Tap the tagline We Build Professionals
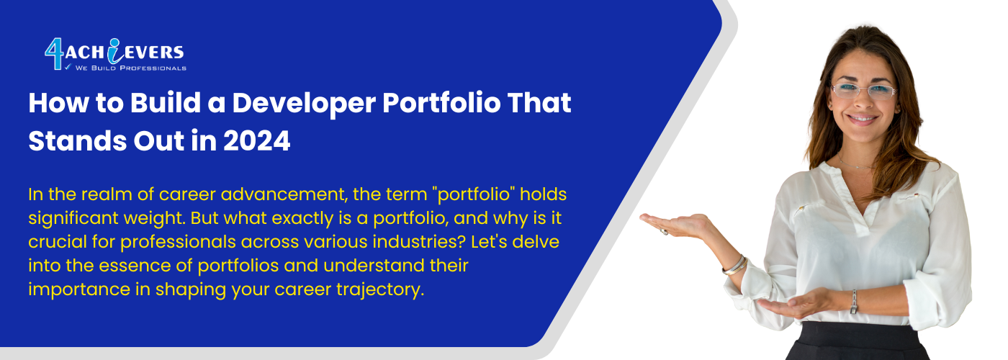pos(131,68)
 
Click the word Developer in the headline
pos(304,104)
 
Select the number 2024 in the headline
pos(256,141)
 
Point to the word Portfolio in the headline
pos(441,102)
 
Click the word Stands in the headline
pos(78,141)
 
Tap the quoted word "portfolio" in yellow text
pos(473,195)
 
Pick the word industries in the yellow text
pos(418,242)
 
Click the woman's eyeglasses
pos(863,91)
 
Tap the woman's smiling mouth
pos(861,120)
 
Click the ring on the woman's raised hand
pos(664,231)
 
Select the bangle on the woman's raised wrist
pos(735,266)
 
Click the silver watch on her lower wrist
pos(854,302)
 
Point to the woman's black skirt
pos(858,341)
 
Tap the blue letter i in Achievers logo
pos(115,51)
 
